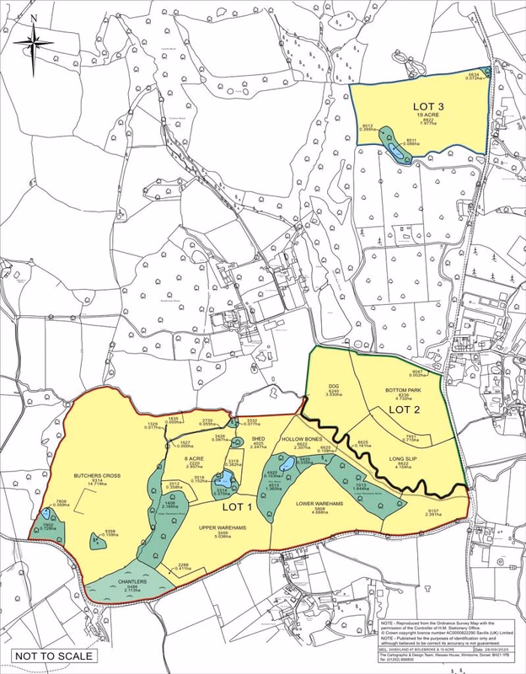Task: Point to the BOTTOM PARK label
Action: tap(402, 391)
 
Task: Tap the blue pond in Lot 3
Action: tap(394, 150)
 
